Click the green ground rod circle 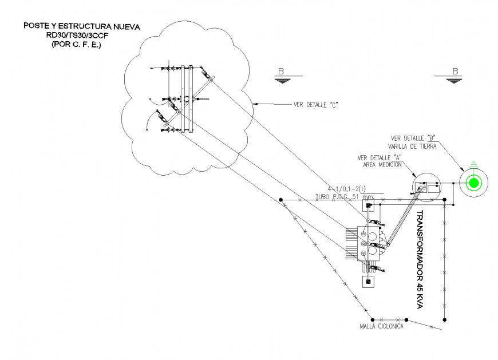coord(473,183)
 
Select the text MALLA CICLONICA coord(382,326)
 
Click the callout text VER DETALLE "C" coord(314,105)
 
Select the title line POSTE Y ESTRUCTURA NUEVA coord(81,26)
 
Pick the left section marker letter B coord(281,72)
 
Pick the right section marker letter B coord(455,72)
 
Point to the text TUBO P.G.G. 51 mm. coord(345,196)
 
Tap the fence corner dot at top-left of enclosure coord(281,200)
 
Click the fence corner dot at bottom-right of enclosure coord(445,319)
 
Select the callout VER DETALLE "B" coord(414,139)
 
